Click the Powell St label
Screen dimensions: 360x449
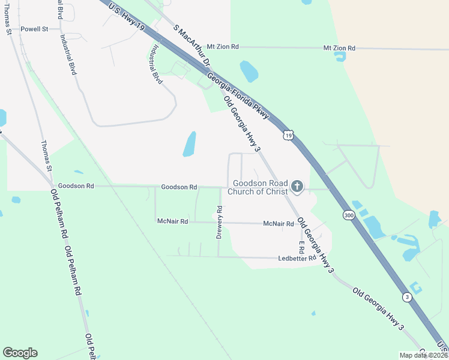point(34,29)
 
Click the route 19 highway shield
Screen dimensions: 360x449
point(289,136)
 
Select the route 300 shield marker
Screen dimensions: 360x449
point(349,215)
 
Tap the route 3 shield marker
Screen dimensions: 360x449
point(408,296)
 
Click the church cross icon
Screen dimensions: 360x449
point(297,187)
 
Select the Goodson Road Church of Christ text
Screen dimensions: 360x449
point(261,187)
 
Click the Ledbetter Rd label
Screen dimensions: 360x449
point(297,259)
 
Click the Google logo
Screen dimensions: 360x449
point(20,353)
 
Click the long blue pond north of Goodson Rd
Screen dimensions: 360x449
point(190,144)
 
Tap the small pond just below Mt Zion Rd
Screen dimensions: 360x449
point(340,57)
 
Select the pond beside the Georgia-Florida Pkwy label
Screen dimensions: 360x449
point(249,71)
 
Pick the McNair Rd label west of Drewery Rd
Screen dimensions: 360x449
point(172,221)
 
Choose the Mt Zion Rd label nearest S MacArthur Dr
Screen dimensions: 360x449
point(222,46)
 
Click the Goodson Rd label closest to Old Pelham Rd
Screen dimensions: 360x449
point(76,187)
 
